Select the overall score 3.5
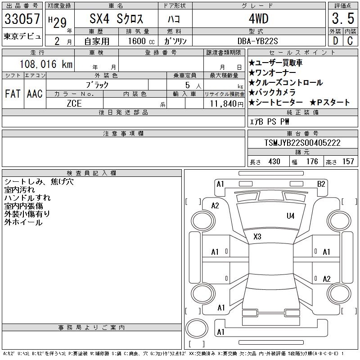click(341, 19)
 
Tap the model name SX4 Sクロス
click(116, 19)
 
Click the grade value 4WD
click(258, 19)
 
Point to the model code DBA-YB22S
click(258, 40)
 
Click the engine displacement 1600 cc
click(138, 40)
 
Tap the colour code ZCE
click(74, 103)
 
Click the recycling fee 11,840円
click(225, 103)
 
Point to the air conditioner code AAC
click(34, 94)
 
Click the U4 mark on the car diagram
click(291, 216)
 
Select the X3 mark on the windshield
click(257, 236)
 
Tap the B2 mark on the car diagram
click(321, 184)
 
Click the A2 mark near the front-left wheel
click(215, 206)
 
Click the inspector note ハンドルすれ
click(27, 198)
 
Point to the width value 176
click(312, 162)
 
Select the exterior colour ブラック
click(97, 85)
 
